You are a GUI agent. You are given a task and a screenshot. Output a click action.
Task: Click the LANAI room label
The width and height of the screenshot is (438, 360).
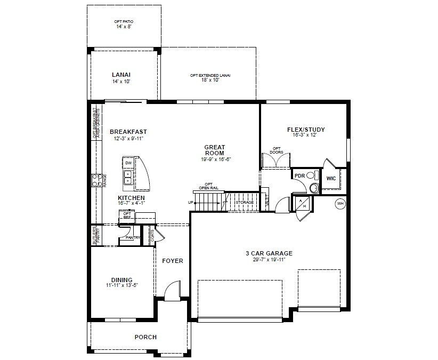[x=121, y=75]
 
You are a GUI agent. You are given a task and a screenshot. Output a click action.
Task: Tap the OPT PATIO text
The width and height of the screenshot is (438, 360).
[x=123, y=22]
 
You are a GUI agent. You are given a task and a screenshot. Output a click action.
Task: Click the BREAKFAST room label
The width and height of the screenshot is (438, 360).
[x=128, y=132]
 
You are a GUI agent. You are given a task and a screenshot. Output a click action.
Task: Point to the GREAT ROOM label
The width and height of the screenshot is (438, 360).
[x=215, y=150]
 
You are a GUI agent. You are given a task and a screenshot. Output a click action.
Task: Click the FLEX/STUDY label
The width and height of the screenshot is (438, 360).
[x=306, y=130]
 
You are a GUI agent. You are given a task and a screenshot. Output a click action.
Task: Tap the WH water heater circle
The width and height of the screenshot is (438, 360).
[x=339, y=203]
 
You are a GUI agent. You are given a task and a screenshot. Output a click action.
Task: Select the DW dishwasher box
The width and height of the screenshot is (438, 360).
[x=128, y=163]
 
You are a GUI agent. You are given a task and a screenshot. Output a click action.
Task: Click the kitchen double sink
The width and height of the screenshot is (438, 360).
[x=128, y=178]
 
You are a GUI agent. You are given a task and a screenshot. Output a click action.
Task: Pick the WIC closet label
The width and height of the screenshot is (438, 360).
[x=331, y=178]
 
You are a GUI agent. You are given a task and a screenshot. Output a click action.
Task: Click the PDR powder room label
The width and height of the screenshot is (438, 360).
[x=299, y=175]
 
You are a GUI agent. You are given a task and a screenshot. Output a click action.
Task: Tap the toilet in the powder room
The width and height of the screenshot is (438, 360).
[x=313, y=185]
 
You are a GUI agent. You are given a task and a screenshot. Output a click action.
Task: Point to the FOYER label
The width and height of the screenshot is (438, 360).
[x=173, y=261]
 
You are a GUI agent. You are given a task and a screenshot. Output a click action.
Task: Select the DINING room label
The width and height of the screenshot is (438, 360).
[x=121, y=279]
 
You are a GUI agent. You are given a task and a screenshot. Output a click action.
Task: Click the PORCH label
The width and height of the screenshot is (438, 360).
[x=145, y=337]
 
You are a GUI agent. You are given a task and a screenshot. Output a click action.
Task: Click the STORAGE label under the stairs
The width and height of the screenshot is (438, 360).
[x=245, y=203]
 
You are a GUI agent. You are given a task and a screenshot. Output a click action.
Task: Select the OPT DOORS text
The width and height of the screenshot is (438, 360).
[x=276, y=150]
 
